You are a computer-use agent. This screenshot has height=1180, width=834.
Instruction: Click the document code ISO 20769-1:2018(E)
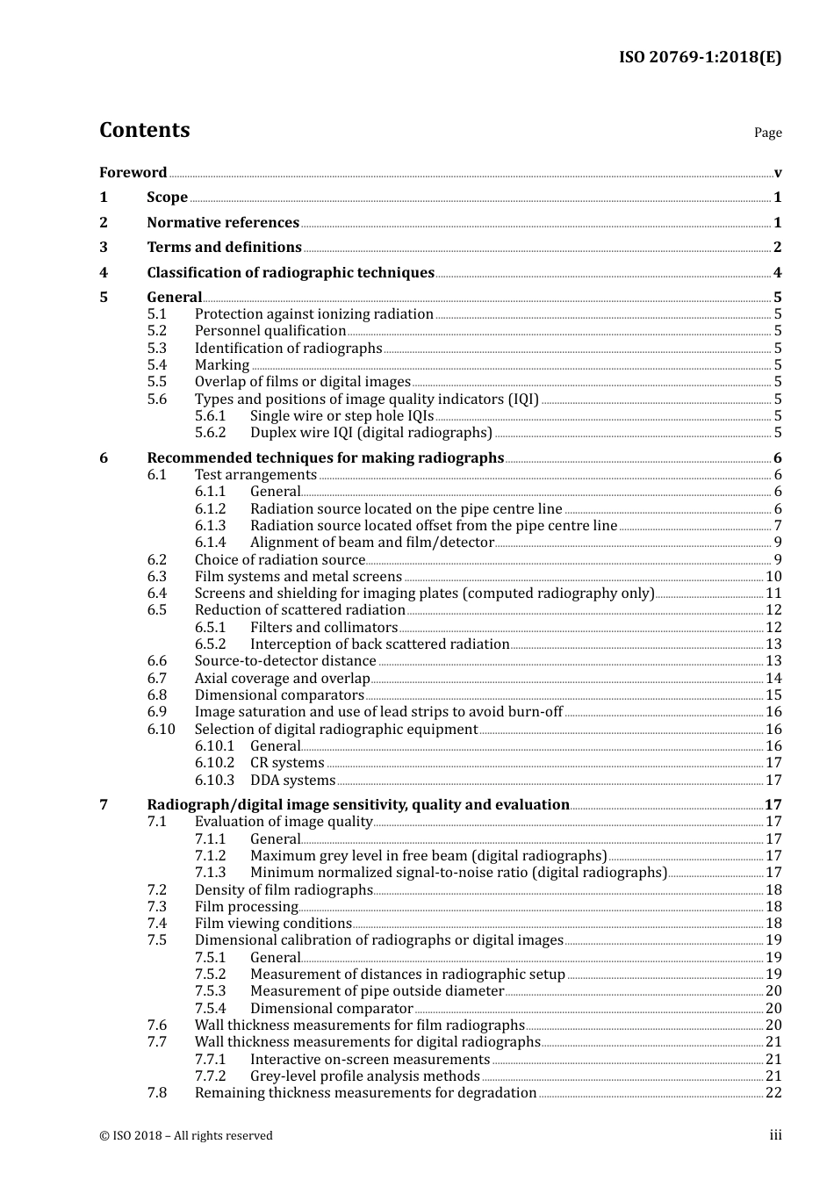pyautogui.click(x=700, y=57)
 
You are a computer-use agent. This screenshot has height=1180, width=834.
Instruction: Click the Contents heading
pyautogui.click(x=144, y=130)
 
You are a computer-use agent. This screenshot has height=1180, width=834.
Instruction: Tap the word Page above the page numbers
pyautogui.click(x=767, y=133)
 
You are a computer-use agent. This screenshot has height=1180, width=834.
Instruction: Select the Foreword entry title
pyautogui.click(x=133, y=172)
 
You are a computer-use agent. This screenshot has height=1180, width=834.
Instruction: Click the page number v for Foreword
pyautogui.click(x=778, y=173)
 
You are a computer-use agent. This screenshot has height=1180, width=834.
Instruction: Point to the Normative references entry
pyautogui.click(x=223, y=222)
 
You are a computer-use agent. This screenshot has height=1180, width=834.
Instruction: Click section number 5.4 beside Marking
pyautogui.click(x=156, y=364)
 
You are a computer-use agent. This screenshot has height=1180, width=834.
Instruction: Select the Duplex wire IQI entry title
pyautogui.click(x=370, y=432)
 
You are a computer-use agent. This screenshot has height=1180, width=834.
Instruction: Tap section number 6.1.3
pyautogui.click(x=210, y=525)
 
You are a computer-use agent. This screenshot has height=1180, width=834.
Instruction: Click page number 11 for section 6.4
pyautogui.click(x=773, y=593)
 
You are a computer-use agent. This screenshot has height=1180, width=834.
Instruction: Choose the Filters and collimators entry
pyautogui.click(x=323, y=627)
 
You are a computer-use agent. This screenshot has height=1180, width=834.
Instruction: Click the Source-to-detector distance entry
pyautogui.click(x=285, y=660)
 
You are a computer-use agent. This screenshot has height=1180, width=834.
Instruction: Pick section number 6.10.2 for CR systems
pyautogui.click(x=214, y=762)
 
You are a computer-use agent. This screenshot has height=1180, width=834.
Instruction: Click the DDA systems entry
pyautogui.click(x=292, y=780)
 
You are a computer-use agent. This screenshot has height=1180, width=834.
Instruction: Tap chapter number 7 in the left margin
pyautogui.click(x=104, y=804)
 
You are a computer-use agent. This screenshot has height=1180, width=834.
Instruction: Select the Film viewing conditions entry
pyautogui.click(x=273, y=923)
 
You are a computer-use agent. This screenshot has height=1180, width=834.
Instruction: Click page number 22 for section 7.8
pyautogui.click(x=773, y=1092)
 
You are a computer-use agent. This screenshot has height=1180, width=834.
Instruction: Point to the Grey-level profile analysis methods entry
pyautogui.click(x=364, y=1076)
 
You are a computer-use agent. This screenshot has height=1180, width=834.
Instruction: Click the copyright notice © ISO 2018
pyautogui.click(x=185, y=1135)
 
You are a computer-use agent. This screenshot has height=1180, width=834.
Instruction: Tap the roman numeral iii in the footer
pyautogui.click(x=775, y=1135)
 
